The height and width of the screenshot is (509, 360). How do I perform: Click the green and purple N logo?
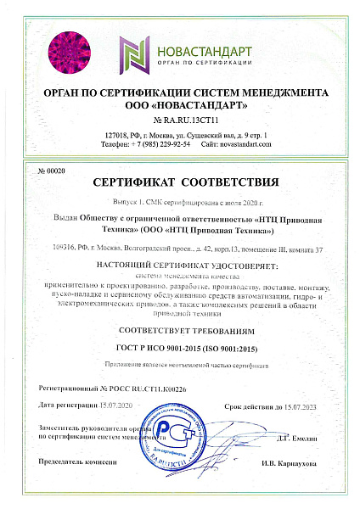136,52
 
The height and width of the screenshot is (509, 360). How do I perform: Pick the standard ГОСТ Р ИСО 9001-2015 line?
180,349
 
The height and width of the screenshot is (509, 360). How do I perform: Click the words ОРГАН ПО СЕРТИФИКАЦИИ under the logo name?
208,62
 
